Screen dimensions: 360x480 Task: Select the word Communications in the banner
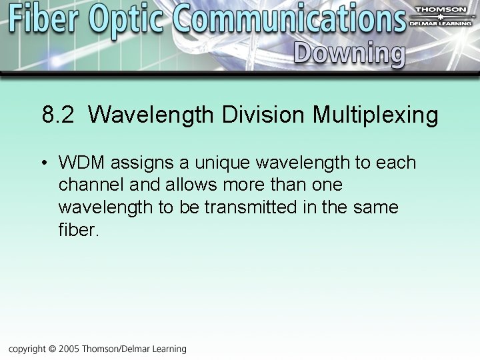289,20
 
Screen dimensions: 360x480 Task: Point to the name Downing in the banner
349,53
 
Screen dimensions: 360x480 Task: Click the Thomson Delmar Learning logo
441,17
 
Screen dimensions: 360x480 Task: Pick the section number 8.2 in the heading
58,115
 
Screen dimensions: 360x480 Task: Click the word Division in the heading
263,115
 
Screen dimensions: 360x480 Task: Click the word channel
87,185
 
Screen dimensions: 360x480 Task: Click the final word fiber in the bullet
78,230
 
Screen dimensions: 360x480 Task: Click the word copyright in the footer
27,349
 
